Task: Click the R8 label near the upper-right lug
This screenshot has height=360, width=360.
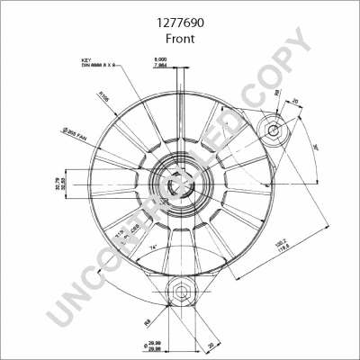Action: coord(278,92)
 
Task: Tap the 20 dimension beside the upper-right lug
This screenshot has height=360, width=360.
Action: coord(294,101)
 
